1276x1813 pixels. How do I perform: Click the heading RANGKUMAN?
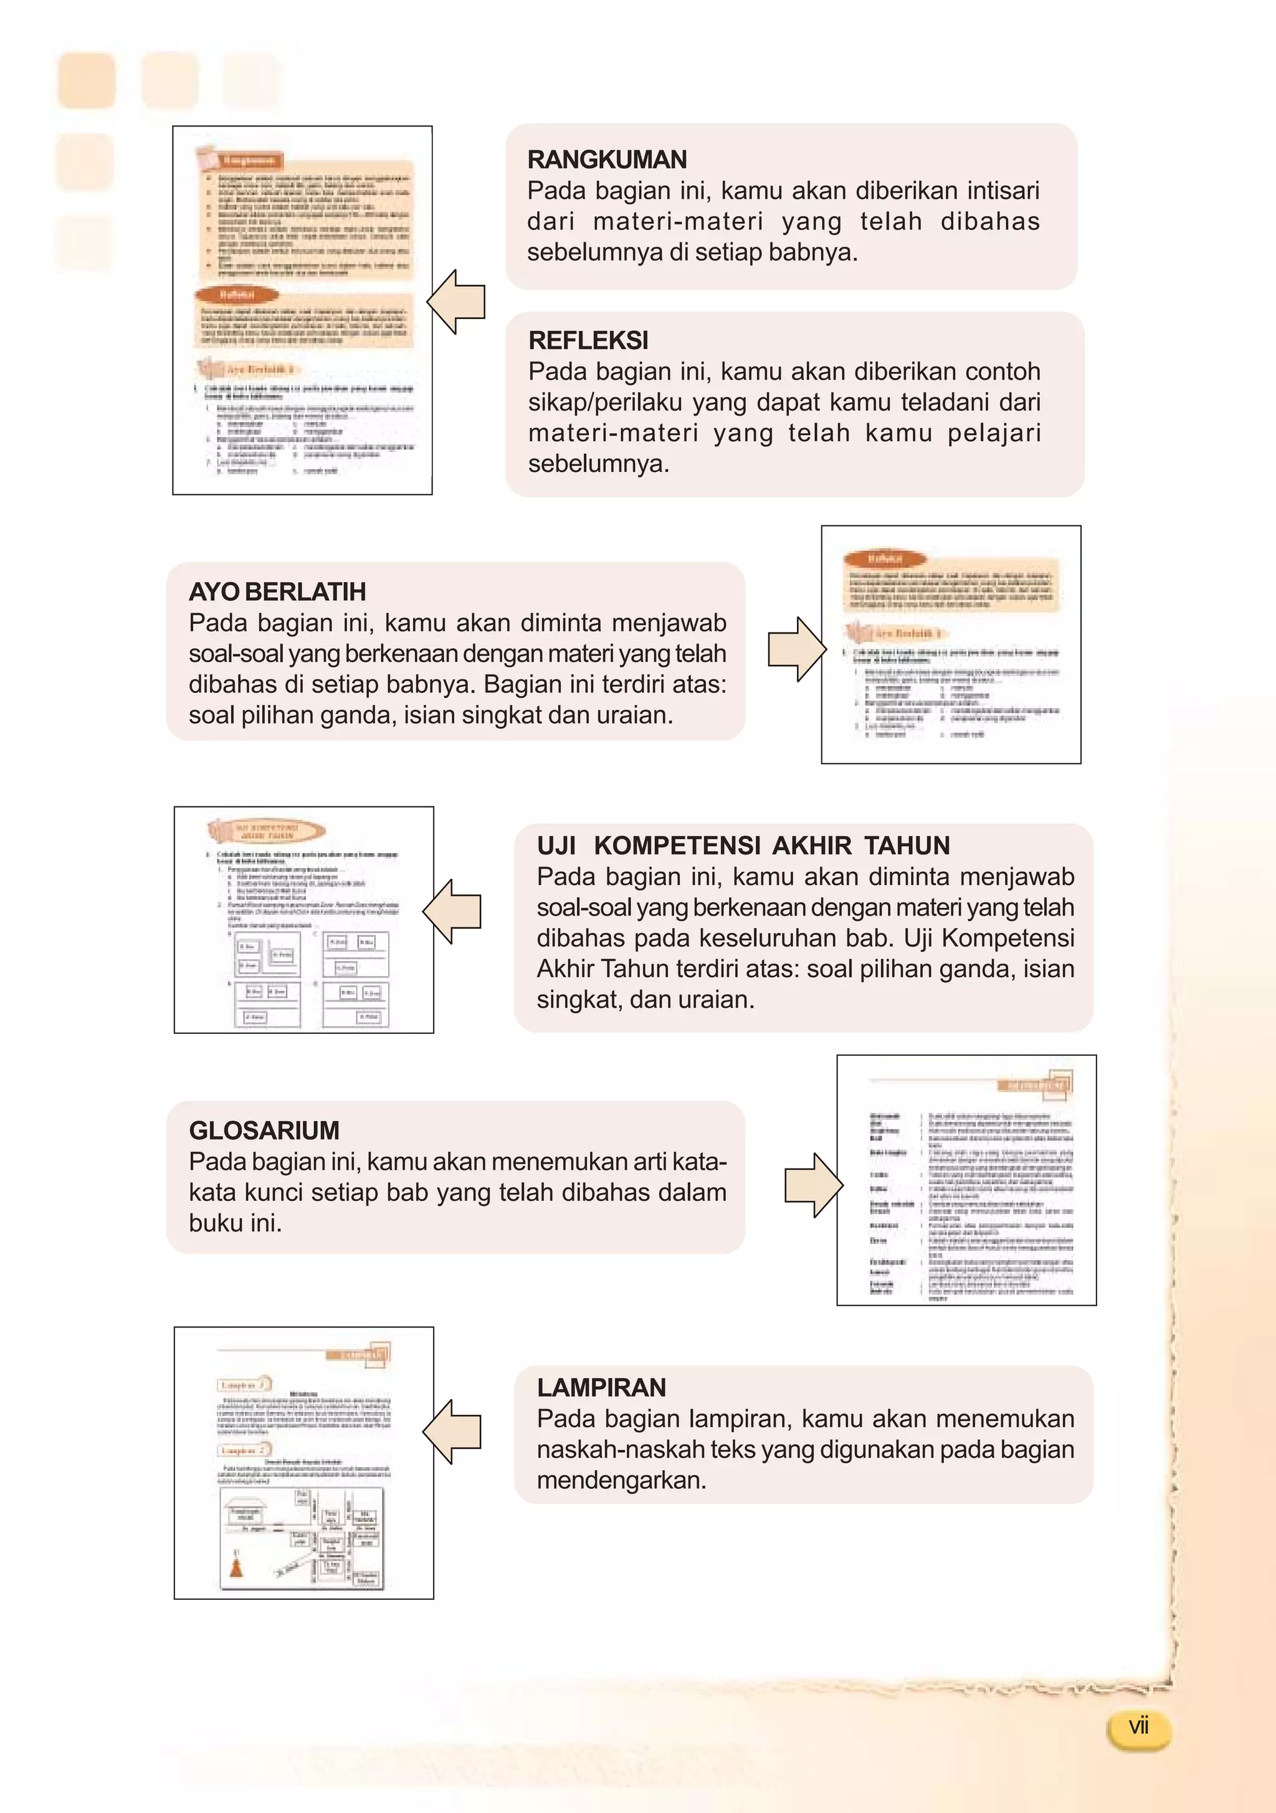point(606,160)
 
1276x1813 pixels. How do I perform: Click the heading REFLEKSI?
point(588,340)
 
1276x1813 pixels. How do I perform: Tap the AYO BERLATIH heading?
point(277,591)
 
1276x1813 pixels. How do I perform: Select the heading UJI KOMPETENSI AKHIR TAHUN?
point(743,845)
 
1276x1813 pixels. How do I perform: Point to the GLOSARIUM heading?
point(264,1130)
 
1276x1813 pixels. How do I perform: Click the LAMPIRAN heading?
point(601,1387)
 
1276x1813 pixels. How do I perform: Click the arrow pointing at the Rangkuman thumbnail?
point(457,302)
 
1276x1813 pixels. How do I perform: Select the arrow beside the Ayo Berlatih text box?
point(797,649)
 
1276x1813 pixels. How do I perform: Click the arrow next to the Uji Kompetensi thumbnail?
point(452,911)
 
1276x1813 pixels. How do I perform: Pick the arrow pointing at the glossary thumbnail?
point(812,1184)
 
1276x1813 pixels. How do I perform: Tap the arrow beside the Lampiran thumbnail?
point(452,1432)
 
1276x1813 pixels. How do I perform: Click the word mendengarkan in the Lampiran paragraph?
point(621,1480)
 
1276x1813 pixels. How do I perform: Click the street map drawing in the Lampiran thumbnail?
point(302,1538)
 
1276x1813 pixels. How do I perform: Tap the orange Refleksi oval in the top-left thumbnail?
point(236,295)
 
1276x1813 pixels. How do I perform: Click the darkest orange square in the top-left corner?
point(87,80)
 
